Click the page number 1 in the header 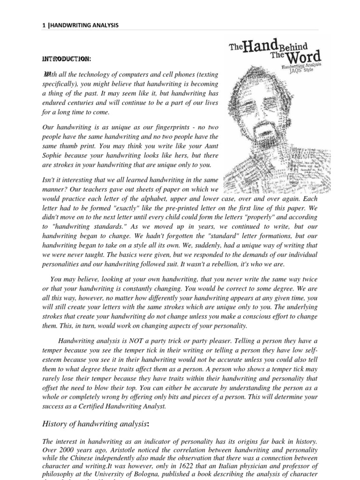point(43,25)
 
